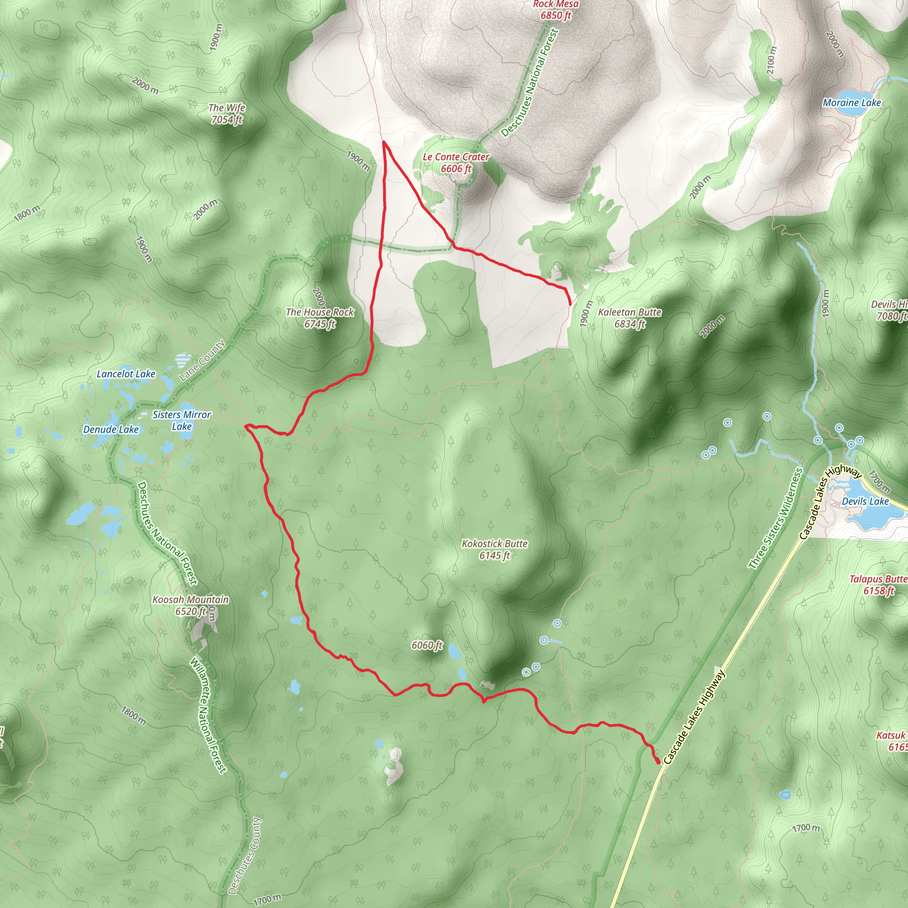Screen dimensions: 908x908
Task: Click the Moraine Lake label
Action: click(852, 102)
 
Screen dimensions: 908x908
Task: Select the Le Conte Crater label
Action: click(456, 163)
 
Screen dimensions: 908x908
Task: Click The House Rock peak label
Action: click(320, 318)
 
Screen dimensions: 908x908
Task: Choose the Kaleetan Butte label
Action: click(630, 318)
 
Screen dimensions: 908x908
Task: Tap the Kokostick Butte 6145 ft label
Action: click(494, 549)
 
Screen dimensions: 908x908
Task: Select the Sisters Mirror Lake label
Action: click(182, 420)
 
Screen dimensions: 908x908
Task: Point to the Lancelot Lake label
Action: click(126, 374)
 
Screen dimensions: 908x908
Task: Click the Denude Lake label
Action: click(111, 429)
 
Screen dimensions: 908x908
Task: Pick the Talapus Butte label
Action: click(878, 585)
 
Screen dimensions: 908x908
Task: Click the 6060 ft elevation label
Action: click(427, 645)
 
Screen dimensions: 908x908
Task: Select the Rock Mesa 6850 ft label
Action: click(556, 10)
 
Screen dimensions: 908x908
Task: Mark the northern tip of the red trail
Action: click(384, 141)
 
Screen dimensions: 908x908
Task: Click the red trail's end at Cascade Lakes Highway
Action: click(658, 761)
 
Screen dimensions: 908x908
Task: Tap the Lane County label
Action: click(202, 360)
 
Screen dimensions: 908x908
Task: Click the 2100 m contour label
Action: click(772, 60)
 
